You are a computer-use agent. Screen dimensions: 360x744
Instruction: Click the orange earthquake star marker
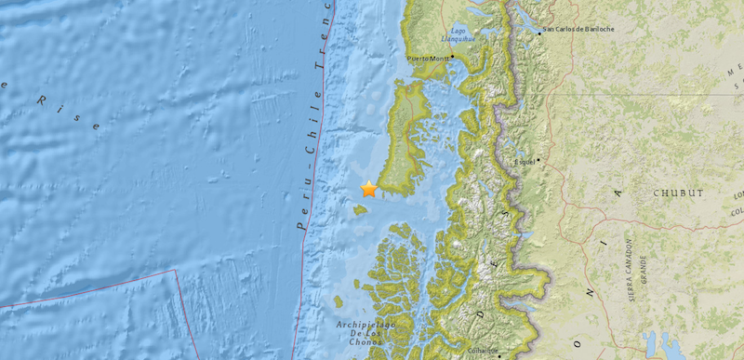369,189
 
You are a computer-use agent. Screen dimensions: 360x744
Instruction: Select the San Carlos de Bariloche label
578,30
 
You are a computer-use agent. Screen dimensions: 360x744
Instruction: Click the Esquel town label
527,161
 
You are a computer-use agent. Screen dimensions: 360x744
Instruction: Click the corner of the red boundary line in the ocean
176,271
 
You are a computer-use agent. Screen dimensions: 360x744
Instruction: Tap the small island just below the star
360,208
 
